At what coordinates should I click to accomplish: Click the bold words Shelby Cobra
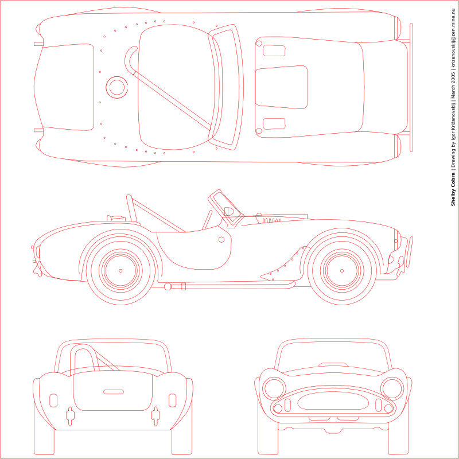(453, 189)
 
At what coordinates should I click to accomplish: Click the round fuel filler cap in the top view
(117, 87)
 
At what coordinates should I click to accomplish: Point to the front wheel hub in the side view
(342, 270)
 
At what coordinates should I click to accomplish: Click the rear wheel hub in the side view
(120, 270)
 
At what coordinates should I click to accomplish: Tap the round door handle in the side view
(221, 239)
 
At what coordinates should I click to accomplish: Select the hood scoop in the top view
(281, 87)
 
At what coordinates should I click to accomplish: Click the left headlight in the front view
(274, 388)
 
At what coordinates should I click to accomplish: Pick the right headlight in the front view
(392, 388)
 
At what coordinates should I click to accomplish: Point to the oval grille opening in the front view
(333, 401)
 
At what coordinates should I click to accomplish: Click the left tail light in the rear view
(53, 400)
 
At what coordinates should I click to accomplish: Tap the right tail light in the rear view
(173, 400)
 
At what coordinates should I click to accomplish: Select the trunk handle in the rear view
(114, 392)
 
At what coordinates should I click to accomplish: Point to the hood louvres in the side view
(271, 220)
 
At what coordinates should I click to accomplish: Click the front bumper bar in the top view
(411, 87)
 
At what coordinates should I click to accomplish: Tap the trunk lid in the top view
(68, 87)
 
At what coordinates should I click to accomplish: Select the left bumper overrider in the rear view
(70, 415)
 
